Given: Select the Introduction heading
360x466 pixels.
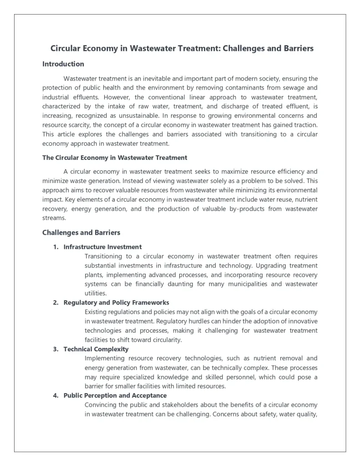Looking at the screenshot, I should [x=63, y=64].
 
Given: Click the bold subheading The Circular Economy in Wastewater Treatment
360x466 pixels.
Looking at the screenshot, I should [x=115, y=157].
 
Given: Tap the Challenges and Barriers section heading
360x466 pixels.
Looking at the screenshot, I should [x=81, y=233].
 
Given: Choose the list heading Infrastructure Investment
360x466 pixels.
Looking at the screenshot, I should [x=102, y=247].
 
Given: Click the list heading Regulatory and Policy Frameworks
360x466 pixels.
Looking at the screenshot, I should [x=116, y=303].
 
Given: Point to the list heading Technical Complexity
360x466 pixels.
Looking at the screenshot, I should [x=96, y=349].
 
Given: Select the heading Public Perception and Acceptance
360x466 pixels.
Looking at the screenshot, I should [x=115, y=395].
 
